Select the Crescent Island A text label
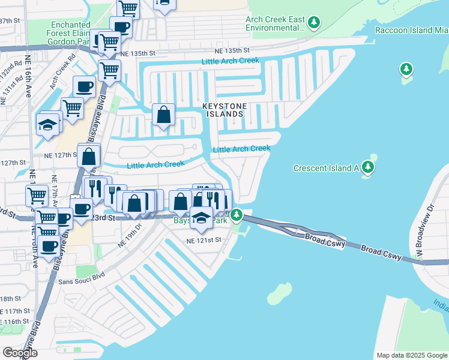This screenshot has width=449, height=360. (326, 169)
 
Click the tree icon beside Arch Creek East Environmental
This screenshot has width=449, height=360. (313, 23)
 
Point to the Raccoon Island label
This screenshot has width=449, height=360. (411, 30)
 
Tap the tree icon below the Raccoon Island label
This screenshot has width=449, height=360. (406, 69)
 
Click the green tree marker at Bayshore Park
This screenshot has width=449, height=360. (237, 214)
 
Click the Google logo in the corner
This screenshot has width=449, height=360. (20, 353)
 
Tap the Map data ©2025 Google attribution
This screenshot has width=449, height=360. (412, 355)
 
